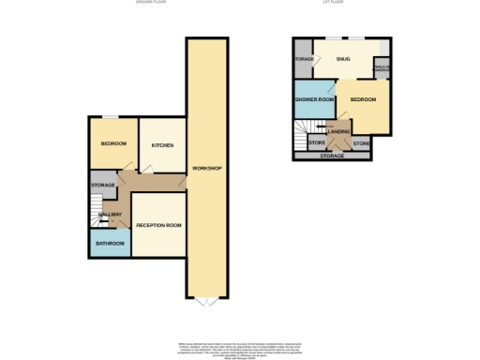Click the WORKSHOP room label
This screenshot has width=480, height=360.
coord(205,168)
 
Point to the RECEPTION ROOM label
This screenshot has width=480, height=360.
coord(158,226)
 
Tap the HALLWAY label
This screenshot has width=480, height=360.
coord(109,215)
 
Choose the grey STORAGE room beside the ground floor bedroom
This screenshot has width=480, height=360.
coord(102,185)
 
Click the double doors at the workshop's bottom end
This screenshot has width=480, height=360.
coord(206,302)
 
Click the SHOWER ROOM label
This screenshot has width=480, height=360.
coord(314,99)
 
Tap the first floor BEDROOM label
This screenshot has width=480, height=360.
coord(363,99)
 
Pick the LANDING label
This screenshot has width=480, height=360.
coord(338,131)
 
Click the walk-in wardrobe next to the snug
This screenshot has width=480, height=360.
coord(382,67)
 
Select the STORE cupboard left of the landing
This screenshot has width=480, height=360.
coord(316,143)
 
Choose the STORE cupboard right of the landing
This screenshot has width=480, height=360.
coord(361,143)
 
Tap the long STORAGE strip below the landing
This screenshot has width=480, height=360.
coord(333,156)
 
